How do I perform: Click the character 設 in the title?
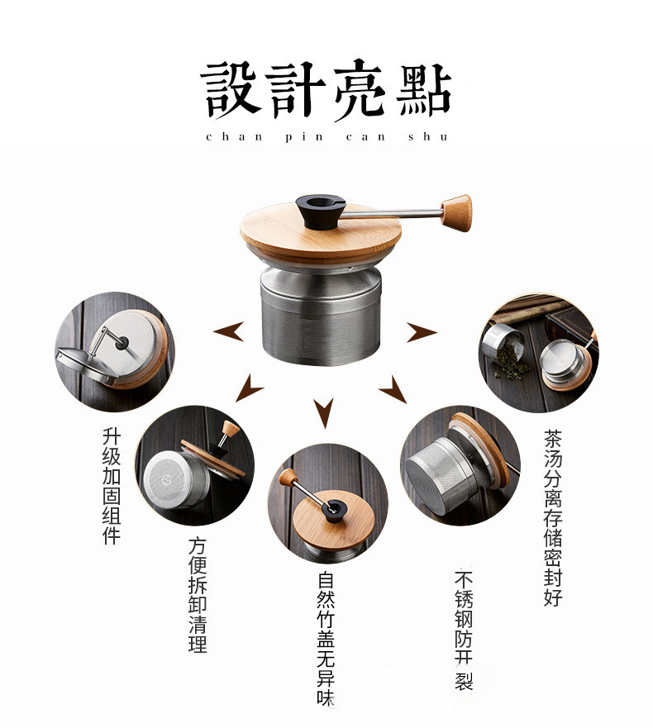pyautogui.click(x=230, y=89)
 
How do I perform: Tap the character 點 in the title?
pyautogui.click(x=423, y=89)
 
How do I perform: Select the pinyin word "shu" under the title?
pyautogui.click(x=428, y=136)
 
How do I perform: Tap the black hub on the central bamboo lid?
pyautogui.click(x=321, y=212)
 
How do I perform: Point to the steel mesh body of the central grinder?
pyautogui.click(x=321, y=321)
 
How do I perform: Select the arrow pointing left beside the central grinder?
pyautogui.click(x=229, y=331)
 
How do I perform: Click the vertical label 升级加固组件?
pyautogui.click(x=112, y=486)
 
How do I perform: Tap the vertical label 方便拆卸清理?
pyautogui.click(x=198, y=595)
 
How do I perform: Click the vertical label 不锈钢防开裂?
pyautogui.click(x=464, y=630)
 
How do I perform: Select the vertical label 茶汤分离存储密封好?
pyautogui.click(x=553, y=517)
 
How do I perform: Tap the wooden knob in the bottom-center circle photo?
pyautogui.click(x=288, y=478)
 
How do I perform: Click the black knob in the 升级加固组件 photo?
pyautogui.click(x=122, y=343)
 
